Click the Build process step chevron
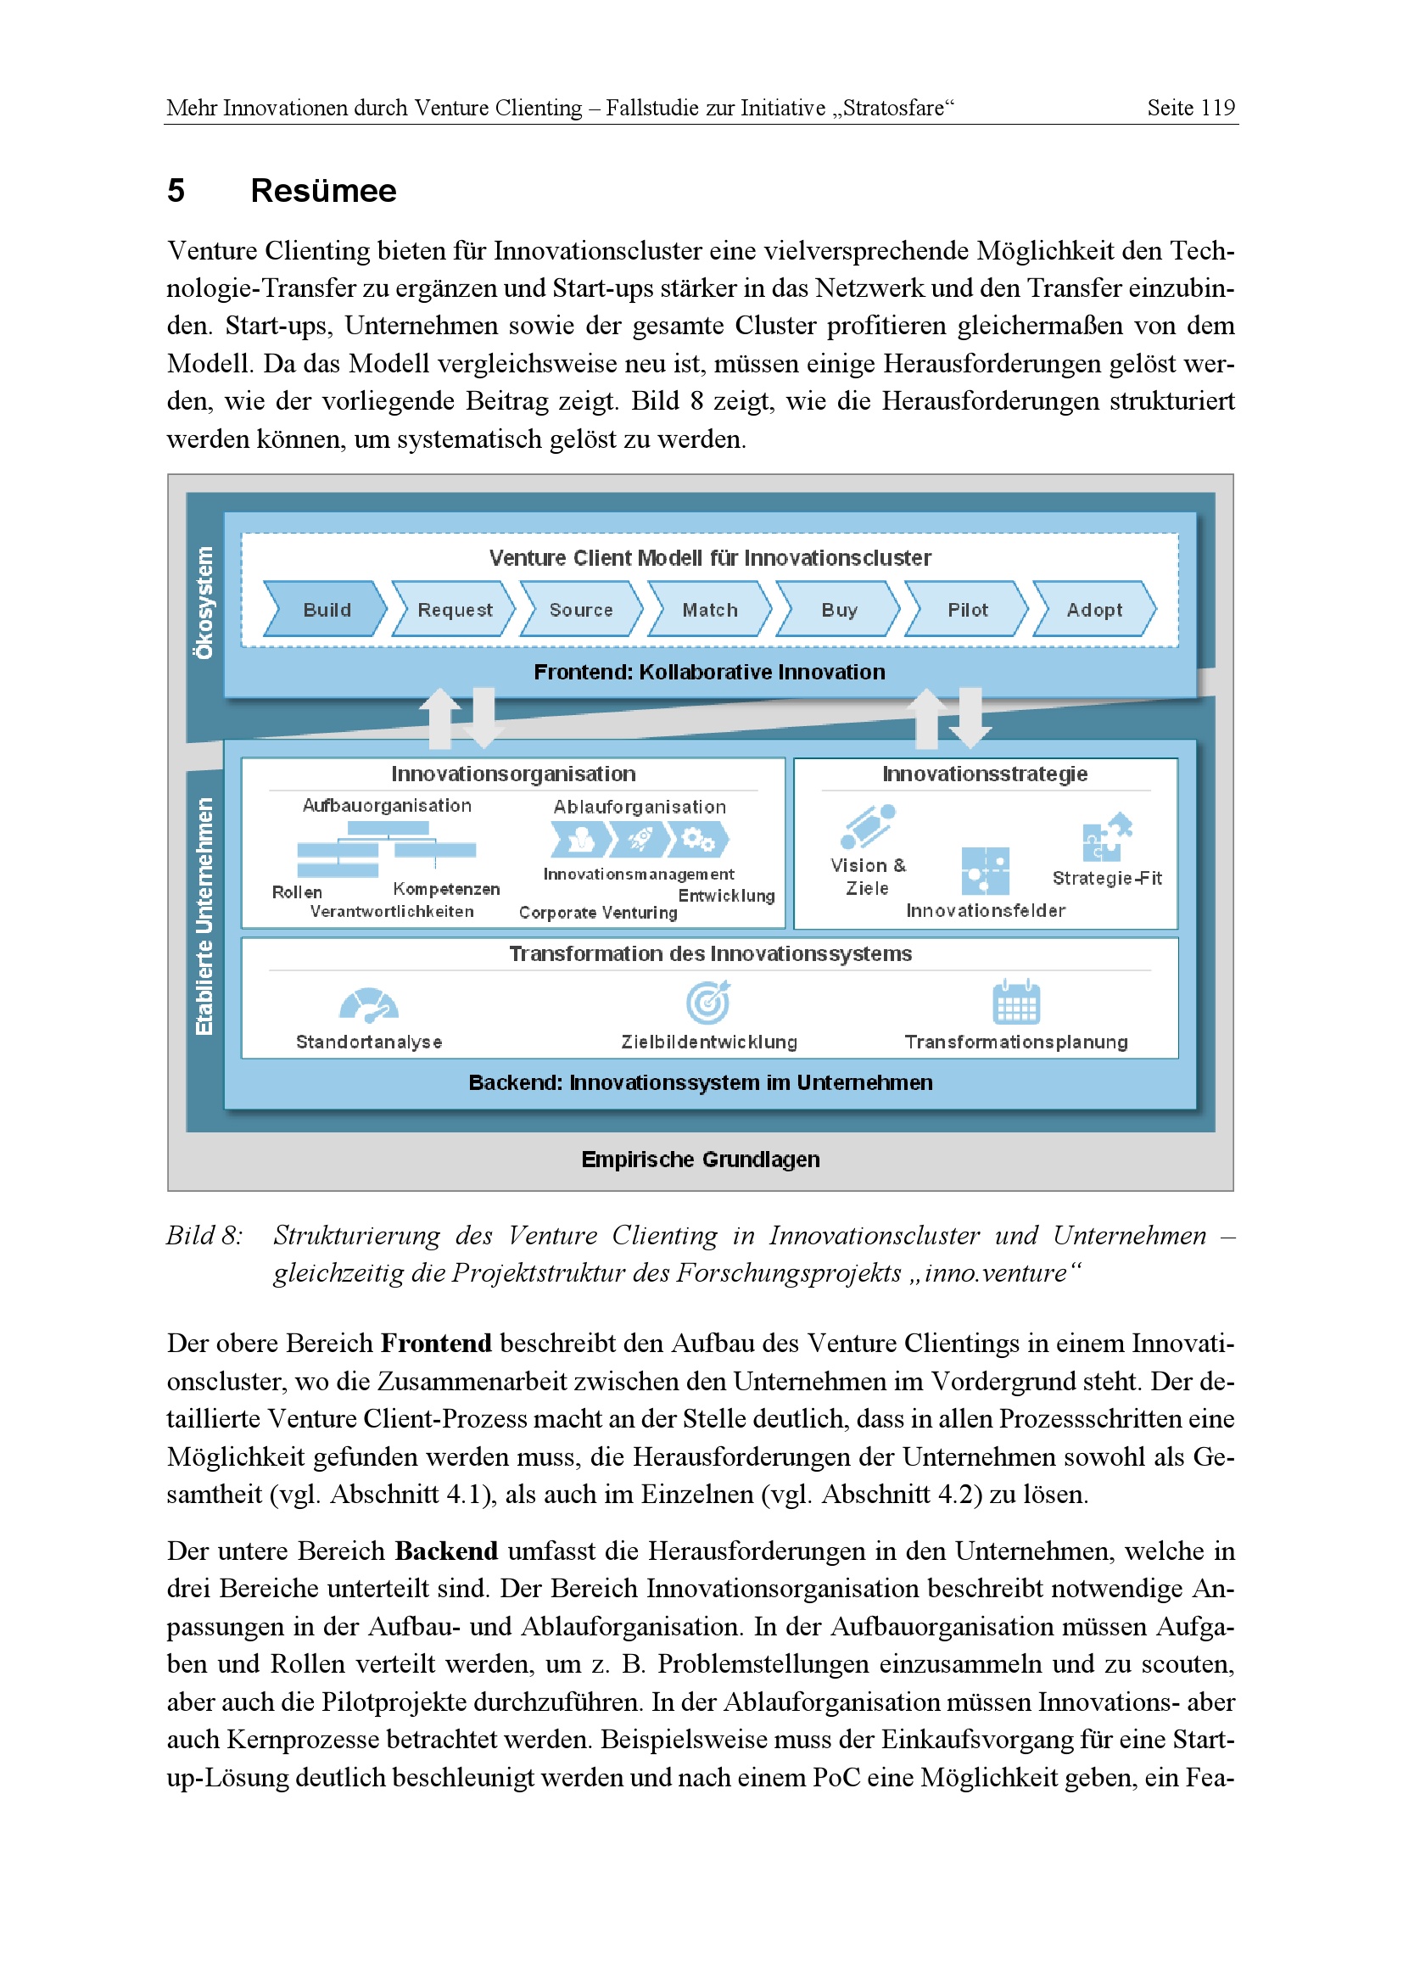[326, 609]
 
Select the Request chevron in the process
[455, 609]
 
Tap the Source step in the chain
[580, 609]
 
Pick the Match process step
[709, 609]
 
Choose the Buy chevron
[838, 609]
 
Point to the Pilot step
[967, 609]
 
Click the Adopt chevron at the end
[1093, 609]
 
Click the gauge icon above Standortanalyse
[369, 1005]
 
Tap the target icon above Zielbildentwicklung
[708, 1003]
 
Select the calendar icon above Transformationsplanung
[1016, 1003]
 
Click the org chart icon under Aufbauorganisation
[386, 847]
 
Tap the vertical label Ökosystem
[204, 602]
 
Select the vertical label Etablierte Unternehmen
[204, 916]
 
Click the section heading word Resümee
[323, 190]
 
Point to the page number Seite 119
[1190, 108]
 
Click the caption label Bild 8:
[204, 1236]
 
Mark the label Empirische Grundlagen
[700, 1159]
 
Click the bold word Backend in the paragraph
[446, 1551]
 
